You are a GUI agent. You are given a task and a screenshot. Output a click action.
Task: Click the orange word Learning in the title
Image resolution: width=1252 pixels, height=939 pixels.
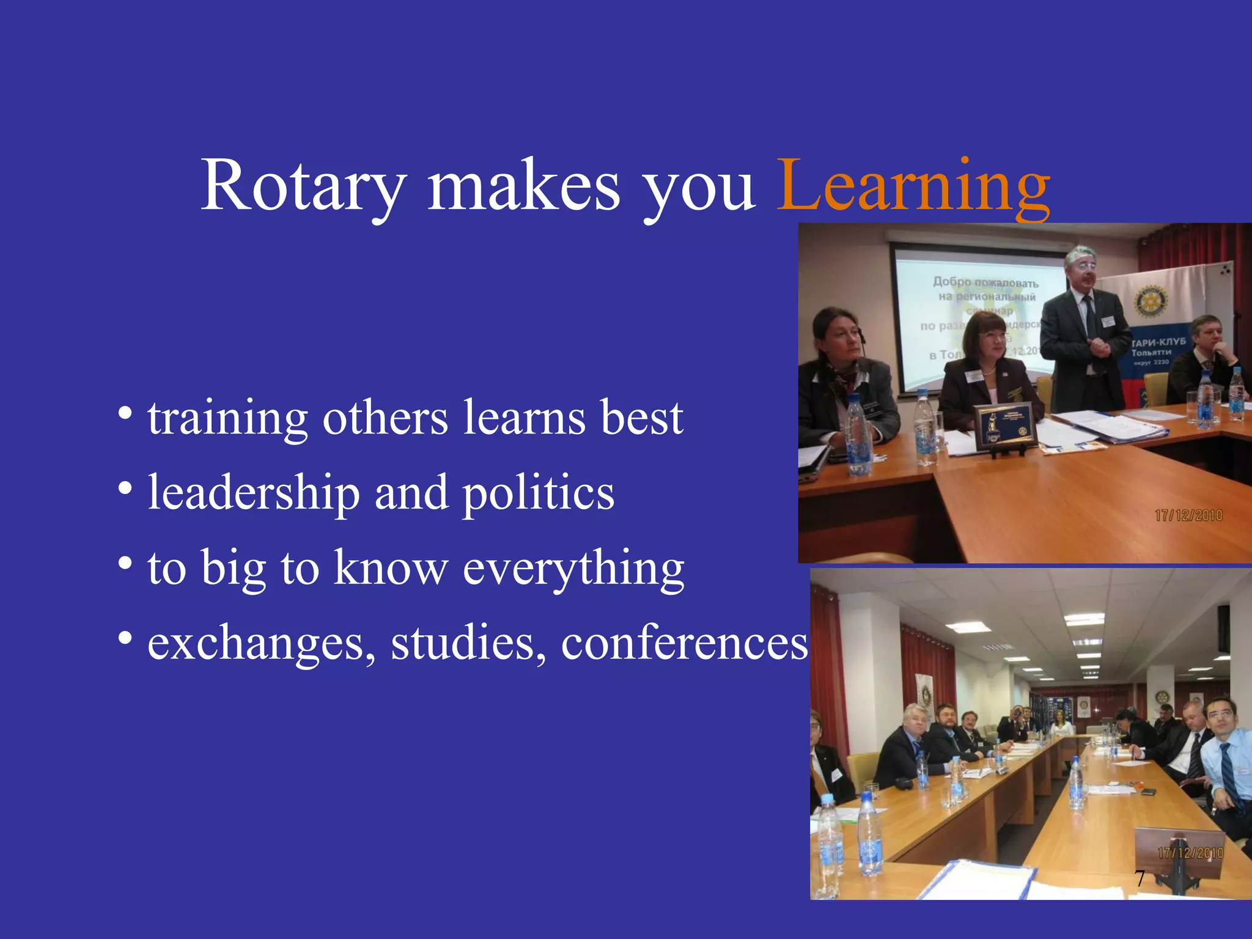click(x=913, y=185)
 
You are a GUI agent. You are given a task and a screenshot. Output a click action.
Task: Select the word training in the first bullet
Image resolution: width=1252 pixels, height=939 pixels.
click(x=227, y=419)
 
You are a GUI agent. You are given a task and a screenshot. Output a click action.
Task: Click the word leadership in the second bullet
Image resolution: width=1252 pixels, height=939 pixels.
click(x=254, y=493)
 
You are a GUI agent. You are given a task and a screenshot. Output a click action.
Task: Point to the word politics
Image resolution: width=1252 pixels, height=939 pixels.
click(x=538, y=493)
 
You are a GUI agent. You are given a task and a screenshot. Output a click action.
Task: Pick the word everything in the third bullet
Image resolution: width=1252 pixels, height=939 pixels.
click(x=573, y=569)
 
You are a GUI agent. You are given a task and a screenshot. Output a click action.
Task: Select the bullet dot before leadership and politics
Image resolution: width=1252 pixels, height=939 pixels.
click(x=125, y=489)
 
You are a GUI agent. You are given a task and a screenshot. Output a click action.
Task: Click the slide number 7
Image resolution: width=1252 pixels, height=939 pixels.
click(x=1140, y=878)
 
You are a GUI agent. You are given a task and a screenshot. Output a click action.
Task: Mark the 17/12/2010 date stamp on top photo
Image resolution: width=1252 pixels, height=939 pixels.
click(x=1188, y=515)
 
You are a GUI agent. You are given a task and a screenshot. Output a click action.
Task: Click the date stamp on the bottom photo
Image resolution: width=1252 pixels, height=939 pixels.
click(x=1190, y=853)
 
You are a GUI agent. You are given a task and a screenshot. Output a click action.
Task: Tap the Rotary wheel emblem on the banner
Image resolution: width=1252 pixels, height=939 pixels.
click(x=1150, y=301)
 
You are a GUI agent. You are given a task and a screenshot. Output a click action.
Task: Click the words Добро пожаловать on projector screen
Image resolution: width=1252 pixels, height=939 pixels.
click(x=985, y=282)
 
